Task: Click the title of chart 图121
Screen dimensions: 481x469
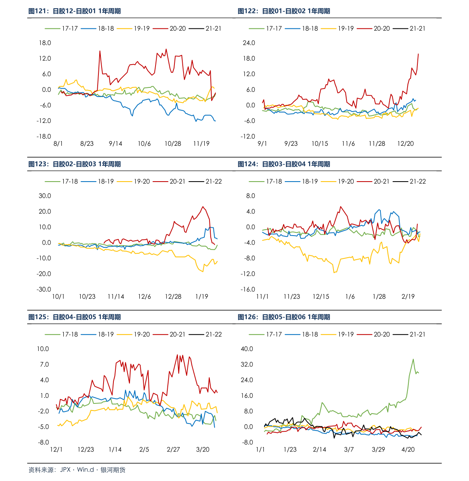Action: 74,11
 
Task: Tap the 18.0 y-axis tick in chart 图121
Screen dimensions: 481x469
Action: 45,43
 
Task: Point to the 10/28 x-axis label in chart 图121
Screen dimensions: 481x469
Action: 173,144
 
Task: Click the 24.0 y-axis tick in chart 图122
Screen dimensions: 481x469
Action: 249,43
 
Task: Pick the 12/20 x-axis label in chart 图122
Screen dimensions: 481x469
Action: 406,144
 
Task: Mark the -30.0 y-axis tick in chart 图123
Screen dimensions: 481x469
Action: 44,290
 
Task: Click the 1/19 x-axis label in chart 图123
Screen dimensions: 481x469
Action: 202,297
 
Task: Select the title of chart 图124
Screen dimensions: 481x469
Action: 284,164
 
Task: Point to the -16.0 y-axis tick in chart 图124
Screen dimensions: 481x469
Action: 248,290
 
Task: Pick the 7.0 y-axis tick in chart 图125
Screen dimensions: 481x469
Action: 44,364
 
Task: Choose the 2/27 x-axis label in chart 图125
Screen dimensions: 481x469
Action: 173,449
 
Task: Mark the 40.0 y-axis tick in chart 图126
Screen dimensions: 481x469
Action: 247,349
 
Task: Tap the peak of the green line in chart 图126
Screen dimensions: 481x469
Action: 413,359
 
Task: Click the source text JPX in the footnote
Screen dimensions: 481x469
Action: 65,470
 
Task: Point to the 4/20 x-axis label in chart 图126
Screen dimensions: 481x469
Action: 408,449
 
